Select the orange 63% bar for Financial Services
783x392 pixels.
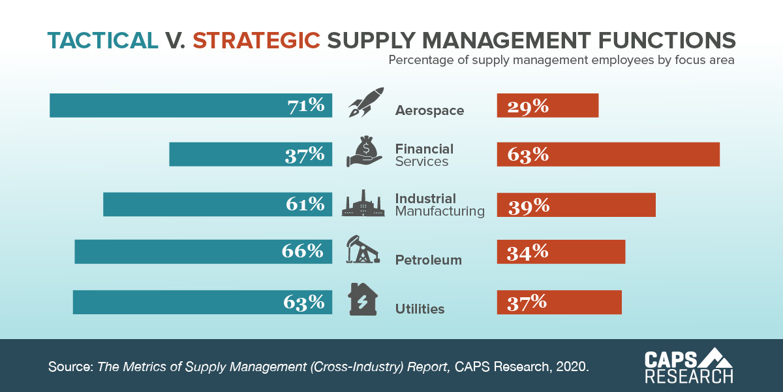click(x=608, y=154)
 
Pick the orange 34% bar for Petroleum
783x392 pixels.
click(x=561, y=252)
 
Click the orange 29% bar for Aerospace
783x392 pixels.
click(x=547, y=106)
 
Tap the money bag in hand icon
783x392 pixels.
click(x=365, y=153)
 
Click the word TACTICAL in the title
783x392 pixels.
click(x=102, y=41)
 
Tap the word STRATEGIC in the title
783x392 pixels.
click(x=256, y=41)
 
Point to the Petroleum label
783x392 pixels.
click(x=428, y=260)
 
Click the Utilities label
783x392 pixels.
click(x=420, y=309)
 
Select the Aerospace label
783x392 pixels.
click(x=429, y=110)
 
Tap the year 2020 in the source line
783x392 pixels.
click(x=572, y=366)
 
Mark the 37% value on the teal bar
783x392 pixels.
click(x=304, y=155)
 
